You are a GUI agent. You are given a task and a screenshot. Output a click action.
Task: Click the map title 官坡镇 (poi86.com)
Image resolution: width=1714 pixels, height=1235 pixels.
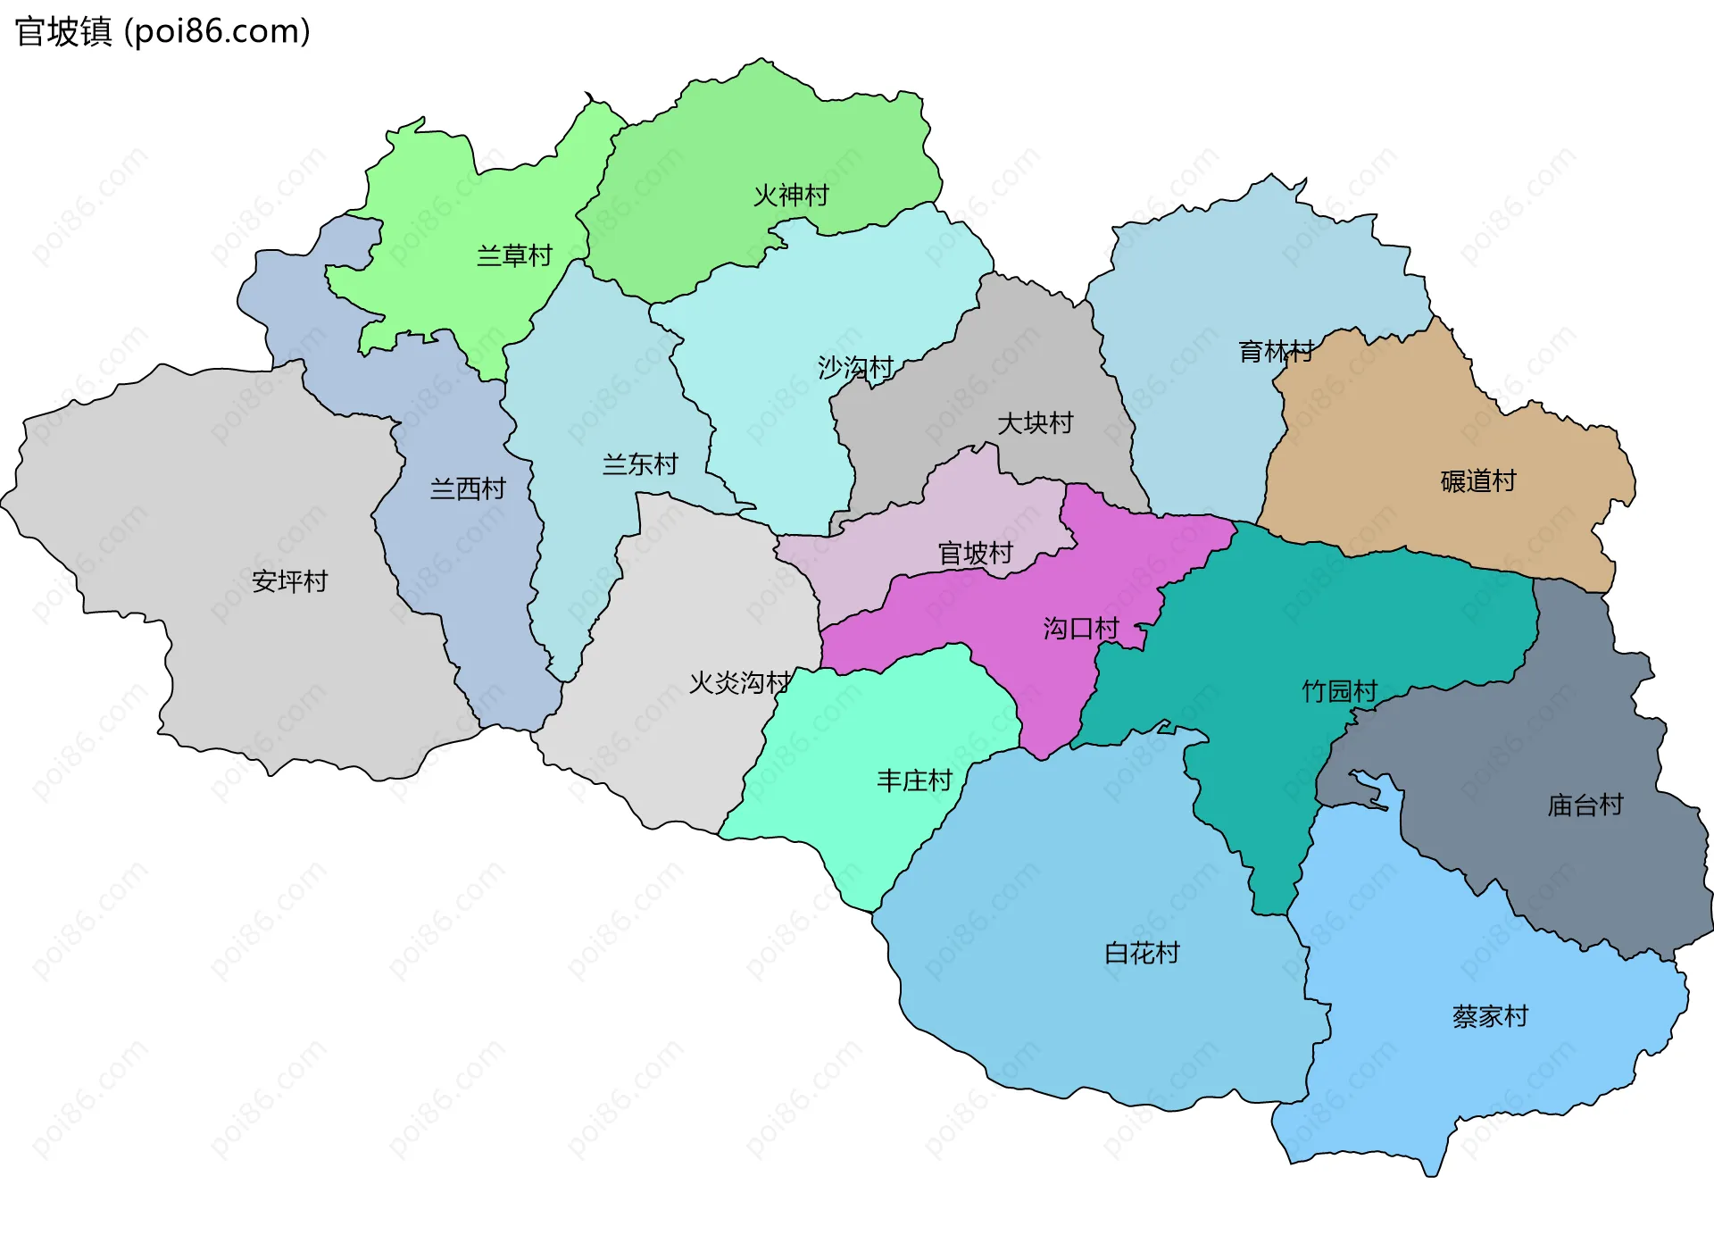(162, 32)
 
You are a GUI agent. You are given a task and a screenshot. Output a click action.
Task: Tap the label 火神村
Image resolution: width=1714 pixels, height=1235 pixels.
(791, 196)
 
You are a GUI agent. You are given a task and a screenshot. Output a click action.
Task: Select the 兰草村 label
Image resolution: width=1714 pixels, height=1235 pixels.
(514, 256)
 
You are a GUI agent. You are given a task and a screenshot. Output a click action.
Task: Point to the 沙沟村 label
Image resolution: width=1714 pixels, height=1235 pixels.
(855, 368)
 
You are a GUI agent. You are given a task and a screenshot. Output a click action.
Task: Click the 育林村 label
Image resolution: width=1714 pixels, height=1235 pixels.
(1276, 352)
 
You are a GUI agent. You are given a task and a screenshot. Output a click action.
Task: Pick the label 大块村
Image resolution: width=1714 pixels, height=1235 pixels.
(1035, 423)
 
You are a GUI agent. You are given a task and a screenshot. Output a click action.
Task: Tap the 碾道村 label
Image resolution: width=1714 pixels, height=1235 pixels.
(1478, 481)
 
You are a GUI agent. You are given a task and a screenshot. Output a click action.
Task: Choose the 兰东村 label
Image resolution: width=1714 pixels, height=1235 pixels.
(640, 464)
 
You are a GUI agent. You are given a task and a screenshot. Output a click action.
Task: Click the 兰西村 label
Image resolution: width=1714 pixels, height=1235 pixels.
(468, 488)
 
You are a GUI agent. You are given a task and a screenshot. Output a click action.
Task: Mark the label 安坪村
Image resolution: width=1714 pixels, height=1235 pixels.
(290, 581)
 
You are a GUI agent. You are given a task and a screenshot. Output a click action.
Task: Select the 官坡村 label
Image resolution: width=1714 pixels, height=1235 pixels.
(976, 554)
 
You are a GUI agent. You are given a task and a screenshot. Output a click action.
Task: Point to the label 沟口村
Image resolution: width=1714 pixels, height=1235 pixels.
(1081, 629)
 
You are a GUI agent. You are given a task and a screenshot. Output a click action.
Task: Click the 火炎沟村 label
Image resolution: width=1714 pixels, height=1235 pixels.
(739, 683)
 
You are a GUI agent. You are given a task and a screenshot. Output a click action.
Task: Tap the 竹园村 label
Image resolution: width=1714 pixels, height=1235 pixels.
(1340, 691)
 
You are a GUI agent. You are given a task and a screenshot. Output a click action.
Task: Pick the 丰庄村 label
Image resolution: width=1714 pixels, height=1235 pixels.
(915, 781)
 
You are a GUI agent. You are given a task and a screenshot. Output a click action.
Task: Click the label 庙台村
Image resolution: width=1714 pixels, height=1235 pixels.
(1585, 805)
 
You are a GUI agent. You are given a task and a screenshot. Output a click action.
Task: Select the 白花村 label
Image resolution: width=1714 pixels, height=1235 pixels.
(1143, 954)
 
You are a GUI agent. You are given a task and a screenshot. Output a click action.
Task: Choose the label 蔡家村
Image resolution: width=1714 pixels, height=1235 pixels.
(1491, 1016)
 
